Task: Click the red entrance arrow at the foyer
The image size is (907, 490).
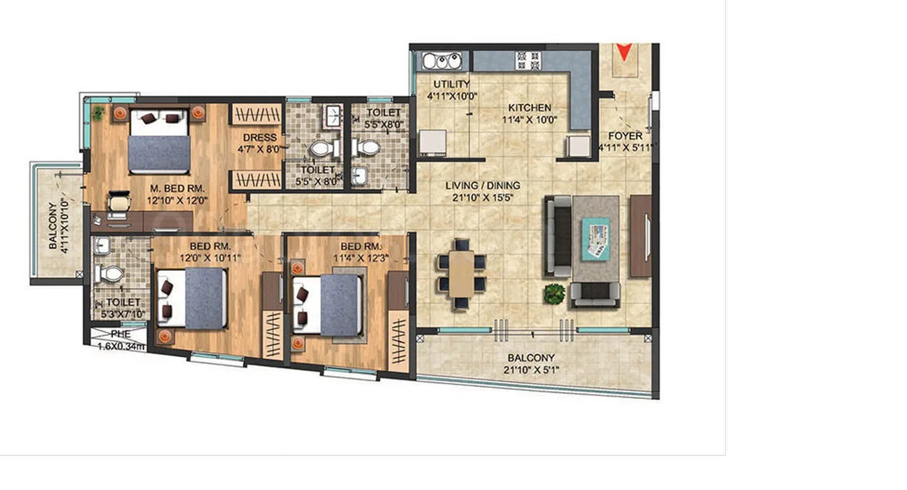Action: click(x=624, y=52)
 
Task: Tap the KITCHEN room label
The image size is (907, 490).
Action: click(x=529, y=108)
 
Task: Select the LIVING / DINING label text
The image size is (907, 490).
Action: click(x=483, y=185)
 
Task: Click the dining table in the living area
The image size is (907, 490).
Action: click(x=462, y=274)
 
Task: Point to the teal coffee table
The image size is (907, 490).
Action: click(x=596, y=239)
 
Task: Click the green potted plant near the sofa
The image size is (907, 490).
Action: click(x=554, y=294)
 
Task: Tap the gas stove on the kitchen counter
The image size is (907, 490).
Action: click(x=528, y=60)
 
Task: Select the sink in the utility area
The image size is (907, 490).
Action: click(x=442, y=61)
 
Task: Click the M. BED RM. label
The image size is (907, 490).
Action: click(x=177, y=188)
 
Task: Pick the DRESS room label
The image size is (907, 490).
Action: click(x=260, y=138)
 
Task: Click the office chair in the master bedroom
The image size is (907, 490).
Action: click(x=119, y=202)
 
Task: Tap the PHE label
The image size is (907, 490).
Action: click(x=120, y=334)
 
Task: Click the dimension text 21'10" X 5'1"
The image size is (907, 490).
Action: click(x=531, y=370)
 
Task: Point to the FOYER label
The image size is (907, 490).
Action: click(x=625, y=136)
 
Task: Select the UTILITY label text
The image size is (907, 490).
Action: click(x=452, y=84)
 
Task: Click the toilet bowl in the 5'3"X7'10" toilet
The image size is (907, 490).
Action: click(x=109, y=274)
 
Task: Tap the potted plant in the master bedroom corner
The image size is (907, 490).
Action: click(x=98, y=113)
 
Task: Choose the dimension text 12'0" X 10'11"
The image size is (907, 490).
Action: click(x=210, y=258)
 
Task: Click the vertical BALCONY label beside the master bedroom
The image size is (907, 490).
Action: click(x=53, y=225)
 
